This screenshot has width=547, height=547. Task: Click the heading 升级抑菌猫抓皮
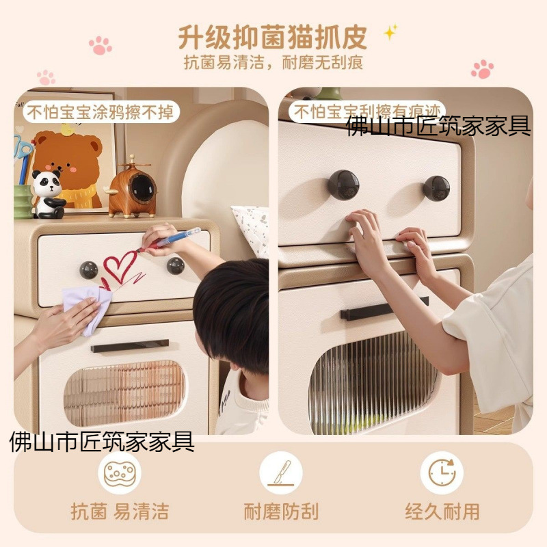[x=272, y=37]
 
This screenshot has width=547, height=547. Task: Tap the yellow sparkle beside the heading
[x=390, y=32]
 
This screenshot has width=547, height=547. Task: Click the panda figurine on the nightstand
[x=48, y=194]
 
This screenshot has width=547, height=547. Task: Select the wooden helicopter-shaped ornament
[x=131, y=187]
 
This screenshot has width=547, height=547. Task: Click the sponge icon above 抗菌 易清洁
[x=120, y=473]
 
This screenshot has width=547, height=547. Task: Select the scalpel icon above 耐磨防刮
[x=281, y=473]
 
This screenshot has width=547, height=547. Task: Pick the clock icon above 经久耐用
[x=442, y=473]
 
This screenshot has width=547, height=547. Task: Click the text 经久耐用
[x=442, y=511]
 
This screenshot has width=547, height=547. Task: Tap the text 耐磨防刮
[x=281, y=511]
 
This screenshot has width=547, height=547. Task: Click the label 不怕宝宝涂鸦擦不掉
[x=101, y=112]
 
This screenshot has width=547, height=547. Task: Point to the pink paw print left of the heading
[x=100, y=45]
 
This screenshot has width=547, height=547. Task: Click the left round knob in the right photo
[x=344, y=185]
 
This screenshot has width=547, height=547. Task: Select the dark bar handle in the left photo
[x=130, y=346]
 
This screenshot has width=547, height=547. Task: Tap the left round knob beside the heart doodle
[x=89, y=270]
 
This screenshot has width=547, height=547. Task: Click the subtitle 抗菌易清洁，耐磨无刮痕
[x=273, y=63]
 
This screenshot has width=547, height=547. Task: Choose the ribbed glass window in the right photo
[x=373, y=384]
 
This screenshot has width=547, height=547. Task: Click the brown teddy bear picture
[x=68, y=168]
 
